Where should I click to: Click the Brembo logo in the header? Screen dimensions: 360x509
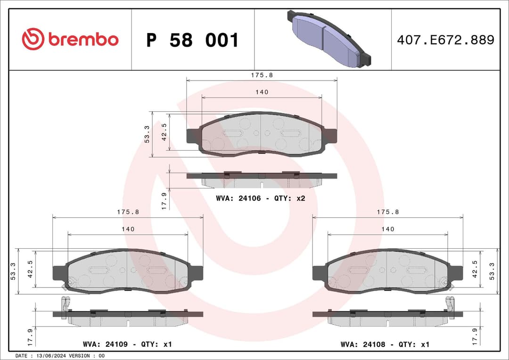click(x=70, y=40)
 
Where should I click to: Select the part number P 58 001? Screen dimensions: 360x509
click(x=192, y=41)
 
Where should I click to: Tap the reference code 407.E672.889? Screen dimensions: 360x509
click(x=445, y=40)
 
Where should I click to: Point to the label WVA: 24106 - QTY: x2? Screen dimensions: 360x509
click(x=261, y=198)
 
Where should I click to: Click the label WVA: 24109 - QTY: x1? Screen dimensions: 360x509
click(x=127, y=344)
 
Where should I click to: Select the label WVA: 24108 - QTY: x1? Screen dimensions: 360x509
click(x=385, y=344)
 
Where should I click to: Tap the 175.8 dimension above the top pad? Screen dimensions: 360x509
click(x=262, y=75)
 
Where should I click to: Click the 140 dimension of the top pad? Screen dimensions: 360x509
click(x=262, y=92)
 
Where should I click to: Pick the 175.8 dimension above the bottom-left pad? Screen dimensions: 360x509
click(x=128, y=212)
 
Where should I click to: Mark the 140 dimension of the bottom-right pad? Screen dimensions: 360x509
click(x=388, y=229)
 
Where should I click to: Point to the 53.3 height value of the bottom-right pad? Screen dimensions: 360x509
click(x=492, y=271)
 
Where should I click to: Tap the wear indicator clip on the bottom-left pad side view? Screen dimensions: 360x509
click(x=66, y=307)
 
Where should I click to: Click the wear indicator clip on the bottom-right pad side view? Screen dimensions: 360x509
click(x=450, y=307)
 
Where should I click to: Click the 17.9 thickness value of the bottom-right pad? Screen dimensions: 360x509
click(x=475, y=335)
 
